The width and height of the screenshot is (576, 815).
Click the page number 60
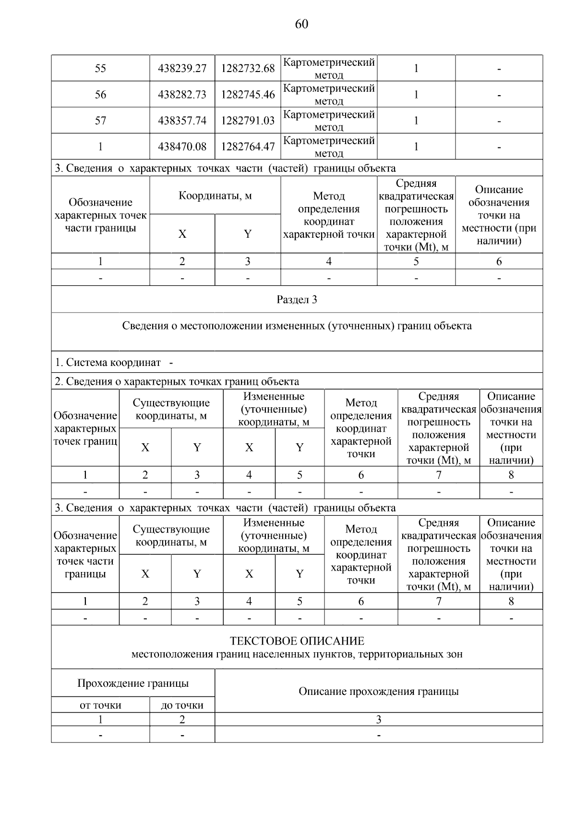301,24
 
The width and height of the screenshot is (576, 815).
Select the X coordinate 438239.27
182,68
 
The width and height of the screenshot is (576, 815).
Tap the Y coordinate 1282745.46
248,95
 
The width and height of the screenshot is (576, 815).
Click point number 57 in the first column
100,121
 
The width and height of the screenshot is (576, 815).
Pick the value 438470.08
182,146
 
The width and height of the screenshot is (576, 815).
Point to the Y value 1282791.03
248,121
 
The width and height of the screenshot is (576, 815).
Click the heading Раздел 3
297,300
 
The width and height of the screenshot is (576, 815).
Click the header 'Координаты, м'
215,196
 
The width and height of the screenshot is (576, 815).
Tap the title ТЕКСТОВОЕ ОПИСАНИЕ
297,641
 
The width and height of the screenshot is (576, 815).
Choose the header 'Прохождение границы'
133,683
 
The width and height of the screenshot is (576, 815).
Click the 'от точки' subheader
100,705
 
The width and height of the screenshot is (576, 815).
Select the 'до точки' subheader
182,705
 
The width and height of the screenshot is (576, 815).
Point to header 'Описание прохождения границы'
378,692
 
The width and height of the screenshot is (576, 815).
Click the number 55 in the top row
100,68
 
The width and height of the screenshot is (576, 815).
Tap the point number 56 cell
100,95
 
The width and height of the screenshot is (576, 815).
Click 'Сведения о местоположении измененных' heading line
297,326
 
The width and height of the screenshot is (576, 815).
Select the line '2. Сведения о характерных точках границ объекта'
177,382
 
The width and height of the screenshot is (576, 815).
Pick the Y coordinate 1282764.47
248,146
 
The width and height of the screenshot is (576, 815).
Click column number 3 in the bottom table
378,719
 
